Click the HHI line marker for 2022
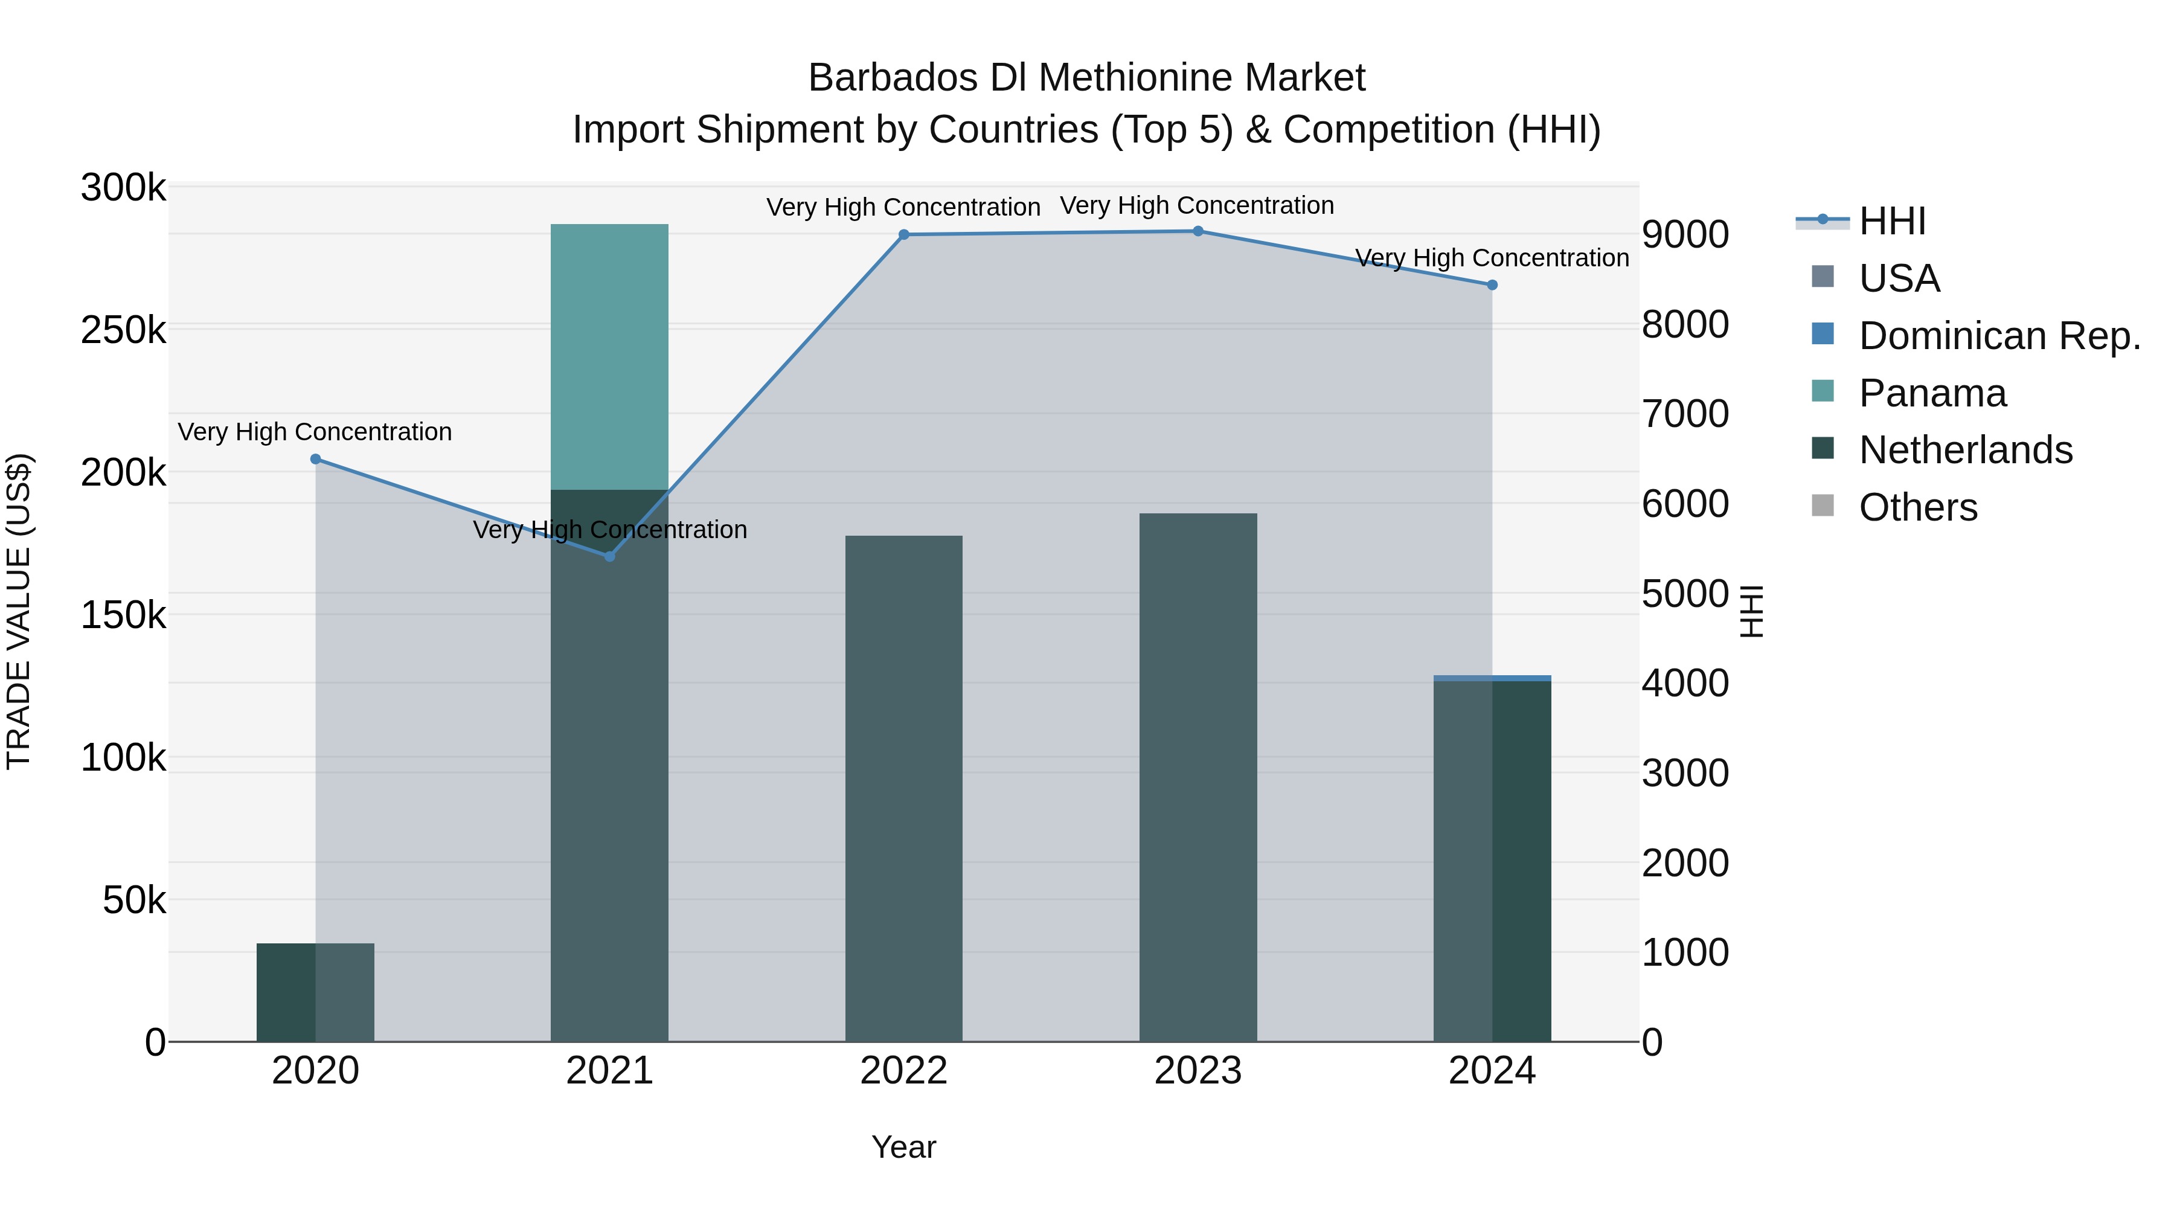pyautogui.click(x=904, y=235)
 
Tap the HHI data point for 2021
pyautogui.click(x=609, y=556)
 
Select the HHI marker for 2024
pyautogui.click(x=1492, y=285)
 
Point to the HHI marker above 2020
pyautogui.click(x=316, y=459)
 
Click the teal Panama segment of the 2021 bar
pyautogui.click(x=609, y=355)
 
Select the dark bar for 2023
pyautogui.click(x=1198, y=777)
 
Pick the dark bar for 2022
pyautogui.click(x=904, y=785)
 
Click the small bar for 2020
pyautogui.click(x=316, y=992)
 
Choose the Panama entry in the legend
pyautogui.click(x=1932, y=393)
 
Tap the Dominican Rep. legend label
pyautogui.click(x=1999, y=336)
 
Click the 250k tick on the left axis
pyautogui.click(x=123, y=330)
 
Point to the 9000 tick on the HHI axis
pyautogui.click(x=1684, y=235)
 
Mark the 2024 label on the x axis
pyautogui.click(x=1492, y=1071)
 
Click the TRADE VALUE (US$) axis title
pyautogui.click(x=19, y=611)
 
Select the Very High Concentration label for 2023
pyautogui.click(x=1197, y=205)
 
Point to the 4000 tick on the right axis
pyautogui.click(x=1684, y=683)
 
